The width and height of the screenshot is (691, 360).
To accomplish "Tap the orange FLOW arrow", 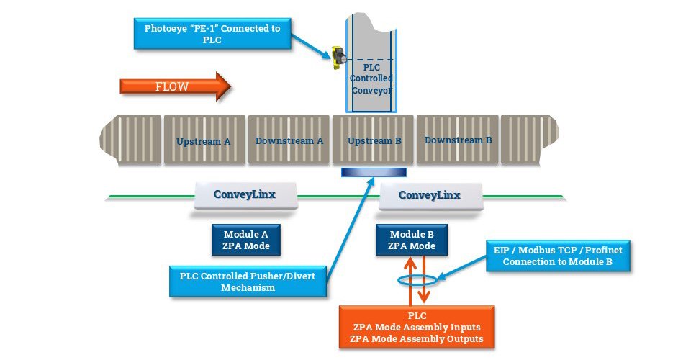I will pyautogui.click(x=175, y=86).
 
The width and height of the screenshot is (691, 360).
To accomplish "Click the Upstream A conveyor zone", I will pyautogui.click(x=204, y=140).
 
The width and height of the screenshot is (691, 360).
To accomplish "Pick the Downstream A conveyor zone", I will pyautogui.click(x=289, y=140).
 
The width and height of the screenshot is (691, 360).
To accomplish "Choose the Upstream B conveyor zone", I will pyautogui.click(x=373, y=140).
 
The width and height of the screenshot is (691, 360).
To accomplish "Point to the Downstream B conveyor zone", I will pyautogui.click(x=457, y=140).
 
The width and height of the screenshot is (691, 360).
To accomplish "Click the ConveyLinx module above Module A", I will pyautogui.click(x=245, y=195).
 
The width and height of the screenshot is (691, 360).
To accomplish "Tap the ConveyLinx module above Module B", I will pyautogui.click(x=430, y=195).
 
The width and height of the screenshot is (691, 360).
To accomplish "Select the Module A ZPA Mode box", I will pyautogui.click(x=245, y=240).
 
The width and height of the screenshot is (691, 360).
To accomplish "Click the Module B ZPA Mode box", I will pyautogui.click(x=412, y=240).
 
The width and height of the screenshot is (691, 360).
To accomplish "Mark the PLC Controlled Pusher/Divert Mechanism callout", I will pyautogui.click(x=248, y=281).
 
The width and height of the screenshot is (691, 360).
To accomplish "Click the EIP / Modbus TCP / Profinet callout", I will pyautogui.click(x=557, y=256).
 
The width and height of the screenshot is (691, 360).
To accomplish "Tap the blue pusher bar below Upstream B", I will pyautogui.click(x=374, y=172).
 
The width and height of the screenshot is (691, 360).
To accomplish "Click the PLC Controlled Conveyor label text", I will pyautogui.click(x=371, y=79).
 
